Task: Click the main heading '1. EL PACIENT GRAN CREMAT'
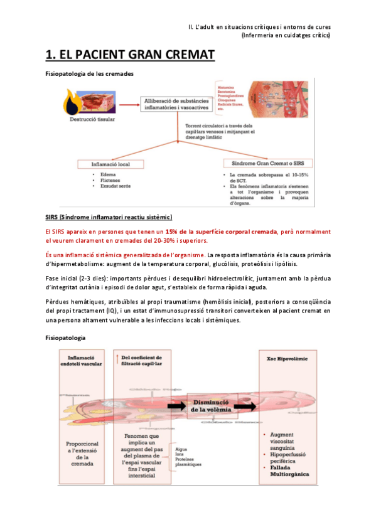pyautogui.click(x=131, y=55)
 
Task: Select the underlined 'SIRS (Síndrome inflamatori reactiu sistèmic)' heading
pyautogui.click(x=109, y=218)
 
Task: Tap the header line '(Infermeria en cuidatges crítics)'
pyautogui.click(x=286, y=35)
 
